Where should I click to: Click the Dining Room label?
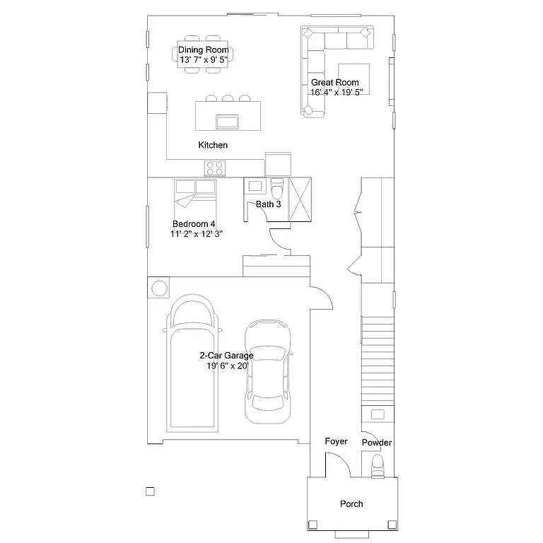coord(203,49)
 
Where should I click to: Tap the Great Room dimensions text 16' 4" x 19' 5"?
coord(336,92)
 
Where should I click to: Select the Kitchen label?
coord(213,145)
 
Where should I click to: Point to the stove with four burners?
coord(215,168)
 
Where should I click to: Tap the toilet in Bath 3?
coord(277,189)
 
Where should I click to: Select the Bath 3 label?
coord(268,204)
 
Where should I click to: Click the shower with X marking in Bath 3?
coord(300,199)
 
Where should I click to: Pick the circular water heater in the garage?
coord(159,288)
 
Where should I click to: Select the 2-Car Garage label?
coord(226,356)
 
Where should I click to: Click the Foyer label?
coord(336,441)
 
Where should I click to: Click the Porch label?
coord(351,504)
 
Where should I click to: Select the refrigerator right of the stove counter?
coord(278,163)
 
